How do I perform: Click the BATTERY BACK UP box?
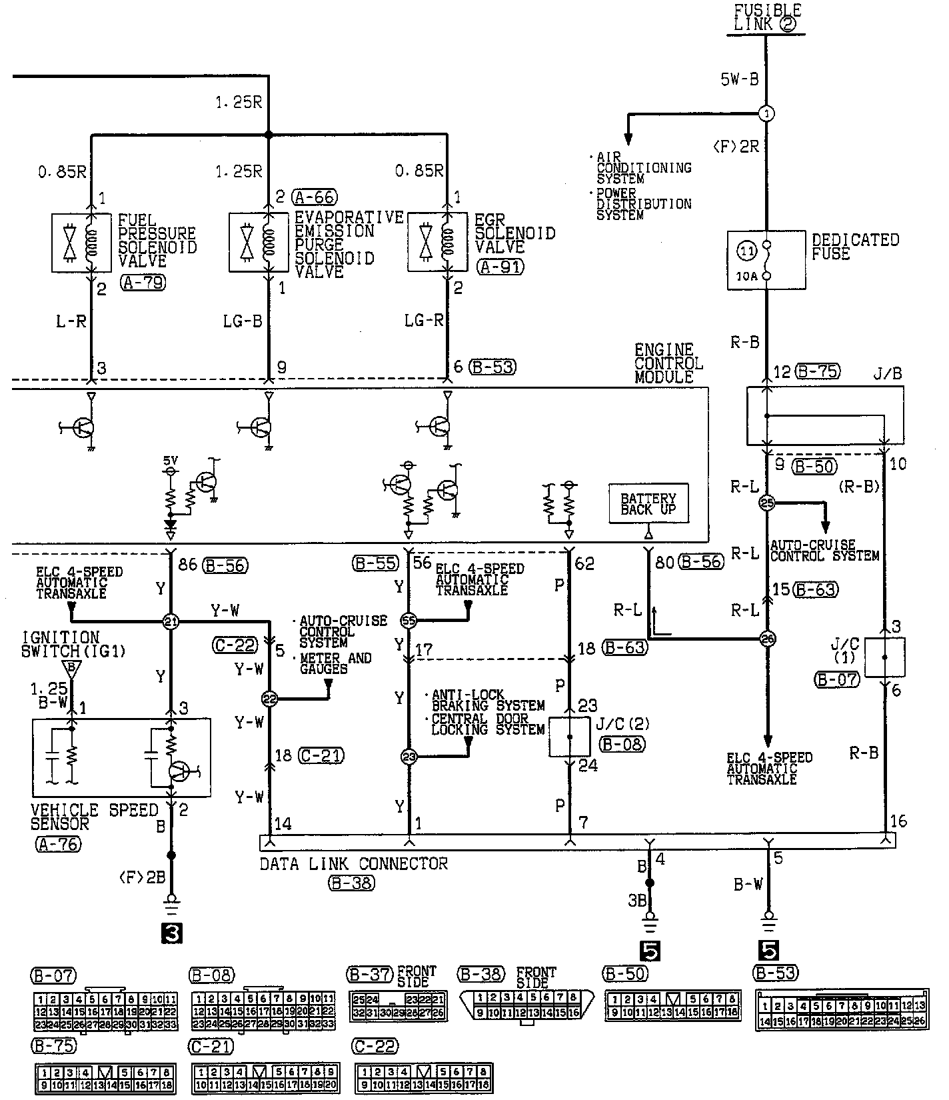(x=648, y=504)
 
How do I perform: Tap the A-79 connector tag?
(x=143, y=283)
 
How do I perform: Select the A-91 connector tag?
(x=500, y=267)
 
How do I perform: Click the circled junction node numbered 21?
(x=171, y=622)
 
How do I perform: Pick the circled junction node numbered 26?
(x=767, y=639)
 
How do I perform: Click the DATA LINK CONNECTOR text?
(x=353, y=864)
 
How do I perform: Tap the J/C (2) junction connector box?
(x=569, y=737)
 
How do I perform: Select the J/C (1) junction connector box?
(x=884, y=657)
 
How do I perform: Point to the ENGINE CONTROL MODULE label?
(x=668, y=363)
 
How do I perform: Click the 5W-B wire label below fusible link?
(x=739, y=80)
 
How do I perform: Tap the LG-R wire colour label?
(x=424, y=321)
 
